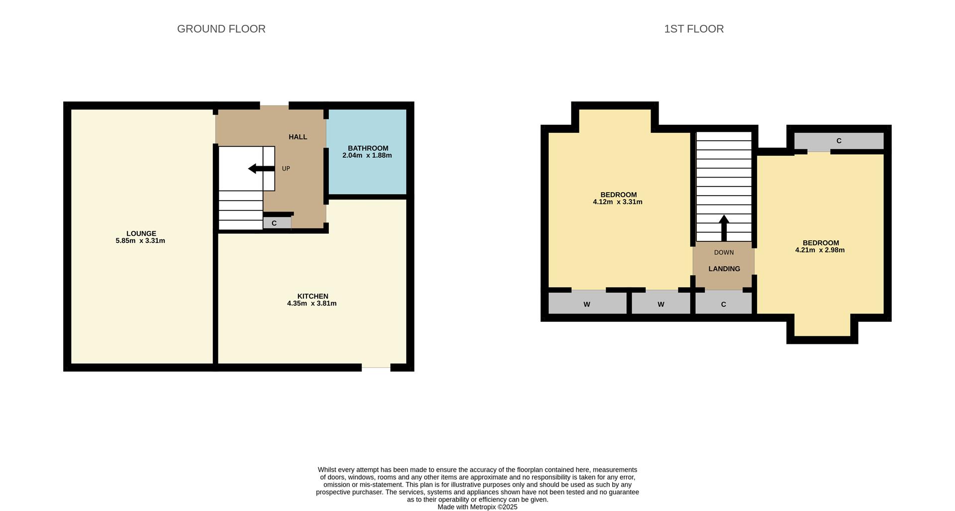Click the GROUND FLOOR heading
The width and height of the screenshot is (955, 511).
[221, 29]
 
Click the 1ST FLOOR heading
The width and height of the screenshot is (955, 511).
[694, 29]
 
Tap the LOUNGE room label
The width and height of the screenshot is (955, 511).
[141, 233]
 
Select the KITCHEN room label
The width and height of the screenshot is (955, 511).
[313, 296]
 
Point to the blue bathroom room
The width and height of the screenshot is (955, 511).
[367, 152]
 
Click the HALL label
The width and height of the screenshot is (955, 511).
[298, 137]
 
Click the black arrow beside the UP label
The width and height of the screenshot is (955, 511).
[262, 169]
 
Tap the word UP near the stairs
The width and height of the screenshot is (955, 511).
[286, 169]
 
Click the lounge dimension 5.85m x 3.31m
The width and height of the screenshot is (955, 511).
[140, 241]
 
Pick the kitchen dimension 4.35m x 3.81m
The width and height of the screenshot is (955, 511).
[312, 304]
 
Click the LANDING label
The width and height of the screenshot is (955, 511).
[724, 269]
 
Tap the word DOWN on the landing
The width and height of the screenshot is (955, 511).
[724, 252]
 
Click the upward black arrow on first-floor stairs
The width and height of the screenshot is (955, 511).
[724, 228]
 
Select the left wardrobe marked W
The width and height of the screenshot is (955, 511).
[587, 303]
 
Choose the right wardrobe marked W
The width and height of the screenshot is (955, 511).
[661, 303]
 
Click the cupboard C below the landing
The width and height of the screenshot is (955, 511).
[724, 303]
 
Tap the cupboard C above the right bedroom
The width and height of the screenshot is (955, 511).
[839, 141]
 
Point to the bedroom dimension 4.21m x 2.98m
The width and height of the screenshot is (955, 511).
[820, 250]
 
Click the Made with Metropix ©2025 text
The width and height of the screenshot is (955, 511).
[477, 507]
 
